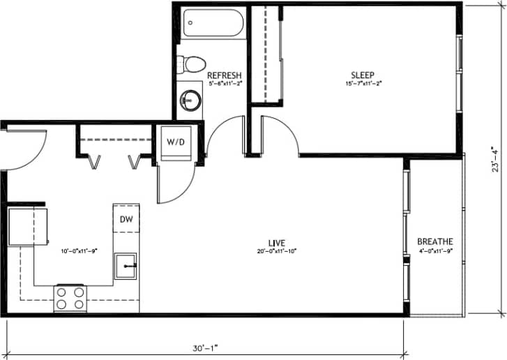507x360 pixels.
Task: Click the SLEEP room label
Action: (x=362, y=75)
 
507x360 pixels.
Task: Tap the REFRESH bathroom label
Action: (x=225, y=75)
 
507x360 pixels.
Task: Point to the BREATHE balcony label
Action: (x=435, y=241)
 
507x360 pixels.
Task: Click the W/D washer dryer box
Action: (x=174, y=142)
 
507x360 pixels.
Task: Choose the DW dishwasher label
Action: (x=126, y=219)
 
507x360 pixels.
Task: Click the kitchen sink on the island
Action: (x=126, y=266)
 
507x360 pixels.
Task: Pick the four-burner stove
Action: (x=70, y=299)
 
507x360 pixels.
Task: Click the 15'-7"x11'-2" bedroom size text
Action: (x=362, y=83)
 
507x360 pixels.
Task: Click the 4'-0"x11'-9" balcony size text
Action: (x=435, y=250)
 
